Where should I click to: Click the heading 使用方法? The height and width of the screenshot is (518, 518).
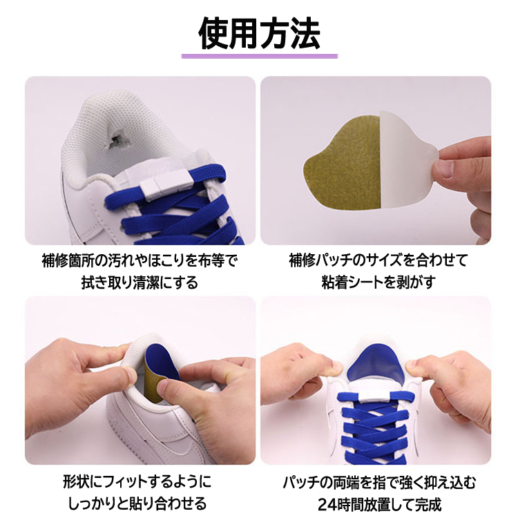tap(259, 33)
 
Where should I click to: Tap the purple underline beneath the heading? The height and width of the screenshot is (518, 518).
tap(259, 56)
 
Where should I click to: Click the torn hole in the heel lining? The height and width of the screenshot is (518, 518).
tap(115, 139)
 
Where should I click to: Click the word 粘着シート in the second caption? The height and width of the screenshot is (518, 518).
tap(351, 282)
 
